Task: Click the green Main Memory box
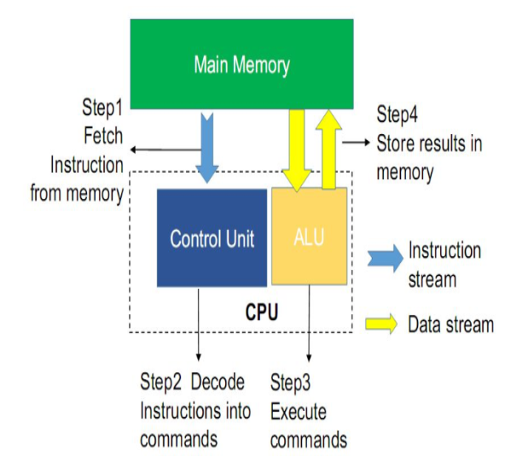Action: click(x=241, y=64)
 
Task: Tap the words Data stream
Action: click(x=450, y=324)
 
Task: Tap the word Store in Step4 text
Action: click(x=396, y=144)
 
